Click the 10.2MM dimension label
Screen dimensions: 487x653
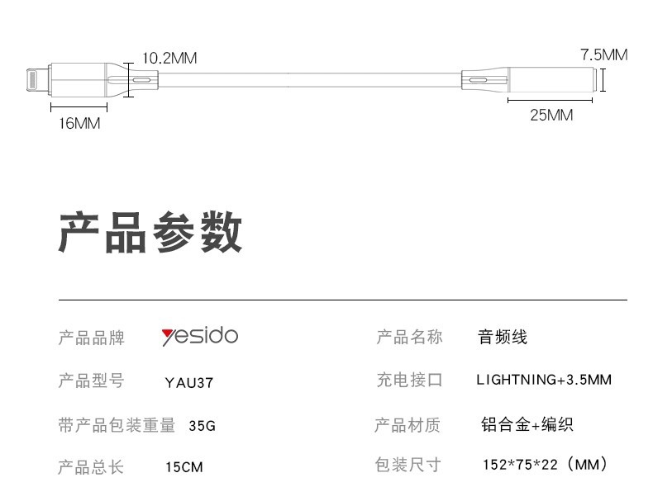[x=169, y=59]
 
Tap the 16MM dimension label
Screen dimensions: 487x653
[x=79, y=123]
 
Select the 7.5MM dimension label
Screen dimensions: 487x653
[x=603, y=55]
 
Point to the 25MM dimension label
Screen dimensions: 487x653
[x=551, y=115]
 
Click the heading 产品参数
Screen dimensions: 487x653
[x=150, y=232]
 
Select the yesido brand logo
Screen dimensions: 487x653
[x=199, y=336]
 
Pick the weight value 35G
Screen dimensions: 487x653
[x=202, y=426]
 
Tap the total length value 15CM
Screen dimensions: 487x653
[x=184, y=467]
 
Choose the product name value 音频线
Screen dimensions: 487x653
[x=503, y=337]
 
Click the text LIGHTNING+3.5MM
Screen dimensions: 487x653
[x=544, y=380]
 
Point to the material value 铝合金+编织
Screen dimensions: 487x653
[x=527, y=425]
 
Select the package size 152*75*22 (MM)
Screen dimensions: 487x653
[x=546, y=465]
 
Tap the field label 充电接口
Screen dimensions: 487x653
[x=409, y=381]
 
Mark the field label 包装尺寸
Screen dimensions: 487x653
[x=408, y=465]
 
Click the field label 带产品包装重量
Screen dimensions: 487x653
[x=117, y=426]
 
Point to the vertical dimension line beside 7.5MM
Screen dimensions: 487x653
[x=603, y=81]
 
